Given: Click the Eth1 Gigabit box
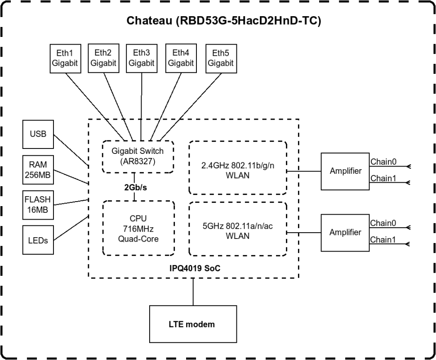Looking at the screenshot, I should (64, 58).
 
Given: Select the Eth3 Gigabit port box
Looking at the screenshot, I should (142, 58).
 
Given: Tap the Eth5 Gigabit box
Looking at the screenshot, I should (221, 58).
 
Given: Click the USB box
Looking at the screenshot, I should (38, 134).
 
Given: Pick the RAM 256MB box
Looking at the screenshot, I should (38, 170).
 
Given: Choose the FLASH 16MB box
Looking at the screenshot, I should (38, 205).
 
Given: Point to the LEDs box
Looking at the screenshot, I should (38, 240).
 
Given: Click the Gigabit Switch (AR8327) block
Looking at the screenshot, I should (138, 156).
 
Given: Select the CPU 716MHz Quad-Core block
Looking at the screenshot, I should (138, 228).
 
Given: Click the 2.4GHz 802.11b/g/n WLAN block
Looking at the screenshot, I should (238, 167).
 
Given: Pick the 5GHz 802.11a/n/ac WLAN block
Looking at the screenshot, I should (238, 229).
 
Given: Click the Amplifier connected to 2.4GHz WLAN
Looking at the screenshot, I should (345, 171).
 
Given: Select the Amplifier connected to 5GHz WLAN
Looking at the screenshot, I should (345, 233).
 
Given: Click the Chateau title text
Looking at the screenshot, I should (223, 21).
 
